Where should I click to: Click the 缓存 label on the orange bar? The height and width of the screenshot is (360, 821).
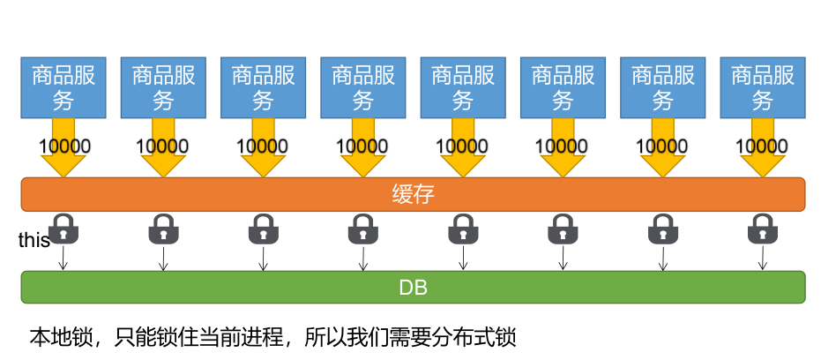click(413, 194)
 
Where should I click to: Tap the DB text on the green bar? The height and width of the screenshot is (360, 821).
click(413, 288)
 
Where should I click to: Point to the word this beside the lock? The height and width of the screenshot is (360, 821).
click(34, 241)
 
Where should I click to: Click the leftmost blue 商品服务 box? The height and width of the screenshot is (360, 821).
click(63, 87)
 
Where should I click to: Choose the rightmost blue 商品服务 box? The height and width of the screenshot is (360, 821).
click(762, 87)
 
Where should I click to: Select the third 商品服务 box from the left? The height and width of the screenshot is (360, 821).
click(263, 87)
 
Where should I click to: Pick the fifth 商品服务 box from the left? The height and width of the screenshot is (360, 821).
click(462, 87)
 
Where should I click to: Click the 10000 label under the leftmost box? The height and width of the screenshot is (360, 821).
click(63, 146)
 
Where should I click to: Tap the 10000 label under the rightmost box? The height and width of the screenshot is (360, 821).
click(762, 146)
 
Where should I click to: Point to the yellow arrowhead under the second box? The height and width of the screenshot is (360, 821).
click(163, 166)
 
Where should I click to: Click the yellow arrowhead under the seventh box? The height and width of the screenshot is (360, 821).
click(662, 166)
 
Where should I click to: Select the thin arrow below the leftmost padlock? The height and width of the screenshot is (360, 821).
click(63, 258)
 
